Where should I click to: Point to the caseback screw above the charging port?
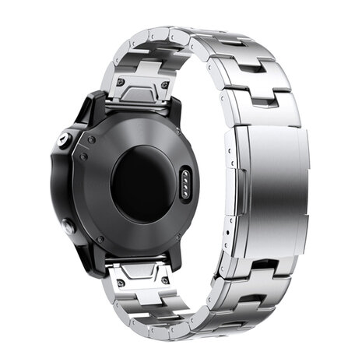click(185, 143)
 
